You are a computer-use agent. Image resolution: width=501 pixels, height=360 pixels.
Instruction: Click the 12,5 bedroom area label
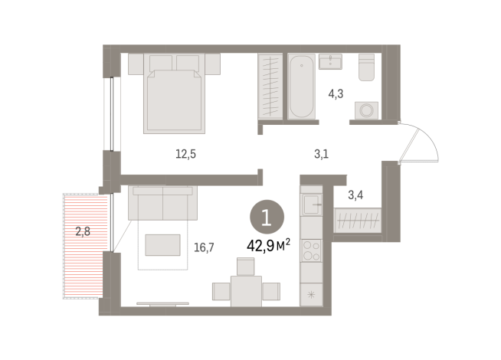pyautogui.click(x=185, y=153)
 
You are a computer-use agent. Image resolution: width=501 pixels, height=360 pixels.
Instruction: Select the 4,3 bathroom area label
pyautogui.click(x=335, y=95)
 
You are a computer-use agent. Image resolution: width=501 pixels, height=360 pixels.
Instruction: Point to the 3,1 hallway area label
pyautogui.click(x=321, y=154)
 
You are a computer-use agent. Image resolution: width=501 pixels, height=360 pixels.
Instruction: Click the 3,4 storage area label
pyautogui.click(x=355, y=195)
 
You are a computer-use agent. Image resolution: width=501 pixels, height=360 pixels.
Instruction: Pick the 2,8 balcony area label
pyautogui.click(x=83, y=230)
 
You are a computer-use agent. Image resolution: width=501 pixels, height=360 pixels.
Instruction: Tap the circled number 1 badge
pyautogui.click(x=265, y=218)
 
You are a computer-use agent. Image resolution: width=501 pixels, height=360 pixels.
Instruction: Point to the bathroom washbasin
pyautogui.click(x=333, y=61)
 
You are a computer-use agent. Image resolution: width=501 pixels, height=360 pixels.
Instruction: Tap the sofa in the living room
pyautogui.click(x=163, y=204)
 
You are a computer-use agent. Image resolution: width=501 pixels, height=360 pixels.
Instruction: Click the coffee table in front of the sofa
pyautogui.click(x=163, y=244)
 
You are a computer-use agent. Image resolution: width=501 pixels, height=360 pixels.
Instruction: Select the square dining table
pyautogui.click(x=245, y=292)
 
